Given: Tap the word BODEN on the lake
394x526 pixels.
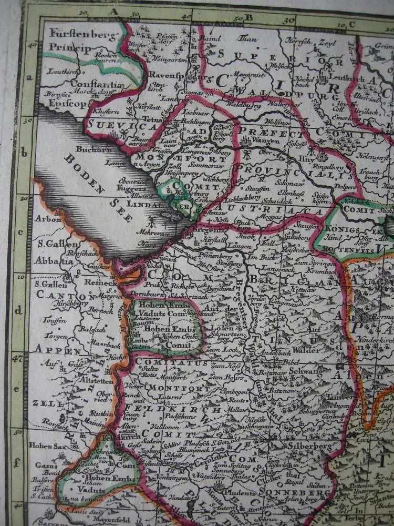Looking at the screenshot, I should click(81, 168).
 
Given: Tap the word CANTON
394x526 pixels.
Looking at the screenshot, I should click(51, 297).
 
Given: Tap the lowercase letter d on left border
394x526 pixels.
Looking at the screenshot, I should click(19, 310).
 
